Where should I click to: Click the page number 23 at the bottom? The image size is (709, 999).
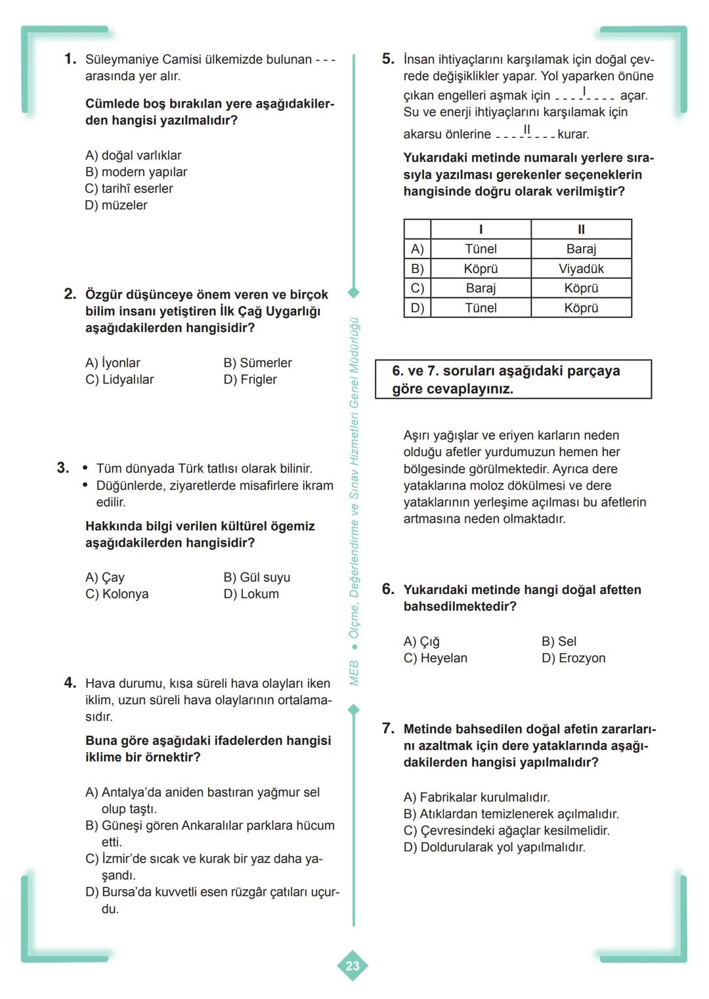pos(353,966)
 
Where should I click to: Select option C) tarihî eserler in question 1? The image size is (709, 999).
pos(129,188)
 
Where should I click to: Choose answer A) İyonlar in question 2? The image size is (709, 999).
pos(113,363)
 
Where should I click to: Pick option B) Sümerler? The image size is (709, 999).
pos(257,363)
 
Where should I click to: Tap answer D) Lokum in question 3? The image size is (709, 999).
pos(251,594)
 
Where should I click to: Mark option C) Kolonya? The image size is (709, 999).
pos(117,594)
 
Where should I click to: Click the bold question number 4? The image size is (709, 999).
pos(70,683)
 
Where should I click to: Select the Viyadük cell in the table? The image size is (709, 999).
pos(581,268)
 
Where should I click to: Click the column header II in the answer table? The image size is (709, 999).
pos(581,229)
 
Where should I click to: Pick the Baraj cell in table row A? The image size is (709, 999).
pos(581,249)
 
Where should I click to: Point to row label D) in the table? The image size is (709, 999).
pos(418,308)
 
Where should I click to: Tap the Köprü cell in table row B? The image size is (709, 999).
pos(481,268)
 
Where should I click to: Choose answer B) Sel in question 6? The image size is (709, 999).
pos(559,641)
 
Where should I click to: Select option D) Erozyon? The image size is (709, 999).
pos(573,658)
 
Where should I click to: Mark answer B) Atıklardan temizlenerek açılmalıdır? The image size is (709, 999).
pos(511,814)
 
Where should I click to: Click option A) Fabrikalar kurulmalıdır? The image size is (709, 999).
pos(477,797)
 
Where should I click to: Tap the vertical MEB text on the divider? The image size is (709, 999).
pos(354,673)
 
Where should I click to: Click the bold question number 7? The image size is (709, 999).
pos(388,729)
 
